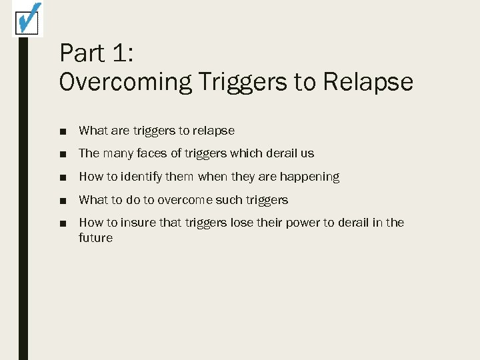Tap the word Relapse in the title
pyautogui.click(x=368, y=82)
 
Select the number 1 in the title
pyautogui.click(x=129, y=53)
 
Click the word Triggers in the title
pyautogui.click(x=244, y=82)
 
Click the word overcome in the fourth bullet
pyautogui.click(x=186, y=200)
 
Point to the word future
pyautogui.click(x=96, y=238)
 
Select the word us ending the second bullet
pyautogui.click(x=307, y=153)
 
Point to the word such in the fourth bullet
pyautogui.click(x=230, y=200)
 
